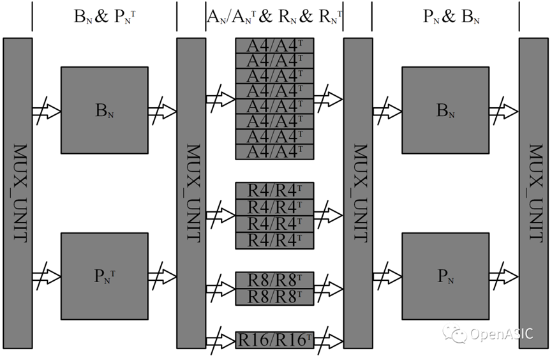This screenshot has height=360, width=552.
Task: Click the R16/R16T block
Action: [274, 340]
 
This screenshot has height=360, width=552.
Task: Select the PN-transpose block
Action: [105, 276]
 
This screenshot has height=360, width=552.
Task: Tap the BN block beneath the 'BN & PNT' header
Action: [105, 110]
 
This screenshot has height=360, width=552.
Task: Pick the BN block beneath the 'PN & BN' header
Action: [445, 110]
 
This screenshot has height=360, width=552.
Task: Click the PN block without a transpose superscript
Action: [445, 276]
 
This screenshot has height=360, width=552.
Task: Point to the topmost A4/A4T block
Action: [274, 46]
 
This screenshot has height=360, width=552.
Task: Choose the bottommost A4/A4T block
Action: [274, 152]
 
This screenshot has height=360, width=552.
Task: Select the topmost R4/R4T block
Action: [274, 191]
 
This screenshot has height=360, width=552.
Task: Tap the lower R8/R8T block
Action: [274, 297]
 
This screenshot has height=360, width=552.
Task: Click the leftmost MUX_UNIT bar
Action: [18, 193]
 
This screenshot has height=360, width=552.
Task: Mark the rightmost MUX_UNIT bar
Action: [533, 193]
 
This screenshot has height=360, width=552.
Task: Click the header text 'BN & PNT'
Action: [105, 16]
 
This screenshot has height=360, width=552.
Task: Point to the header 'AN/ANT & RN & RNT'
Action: [274, 16]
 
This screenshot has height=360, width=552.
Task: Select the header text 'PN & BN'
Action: [451, 16]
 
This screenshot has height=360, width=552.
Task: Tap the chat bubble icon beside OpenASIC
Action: [455, 333]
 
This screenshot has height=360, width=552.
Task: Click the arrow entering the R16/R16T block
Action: [221, 341]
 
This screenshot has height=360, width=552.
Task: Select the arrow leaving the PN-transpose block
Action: [162, 276]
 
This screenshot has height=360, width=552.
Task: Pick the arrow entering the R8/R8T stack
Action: [221, 289]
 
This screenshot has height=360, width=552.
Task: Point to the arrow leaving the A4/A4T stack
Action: [328, 99]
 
